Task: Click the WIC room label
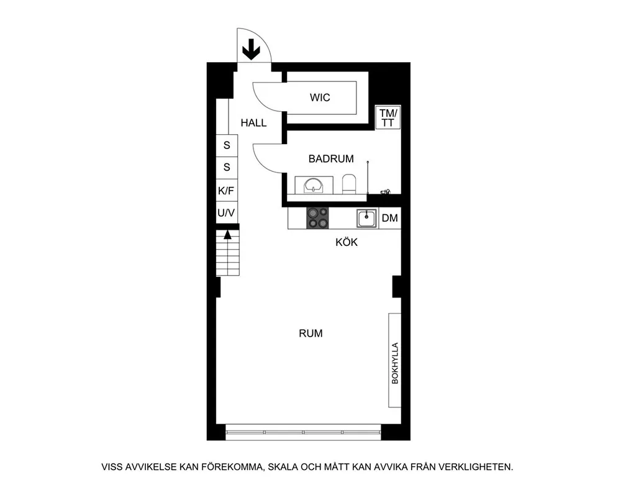[320, 97]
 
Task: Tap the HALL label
[253, 123]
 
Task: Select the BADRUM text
[331, 159]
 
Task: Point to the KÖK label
[347, 242]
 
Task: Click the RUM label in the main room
[310, 333]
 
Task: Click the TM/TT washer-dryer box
[388, 117]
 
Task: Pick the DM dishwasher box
[390, 218]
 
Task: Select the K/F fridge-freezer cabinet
[227, 191]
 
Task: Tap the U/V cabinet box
[227, 212]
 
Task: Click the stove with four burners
[317, 218]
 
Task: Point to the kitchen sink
[367, 218]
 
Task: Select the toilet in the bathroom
[349, 184]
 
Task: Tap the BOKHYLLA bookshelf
[394, 360]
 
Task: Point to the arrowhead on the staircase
[227, 235]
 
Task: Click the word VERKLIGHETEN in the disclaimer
[477, 467]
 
